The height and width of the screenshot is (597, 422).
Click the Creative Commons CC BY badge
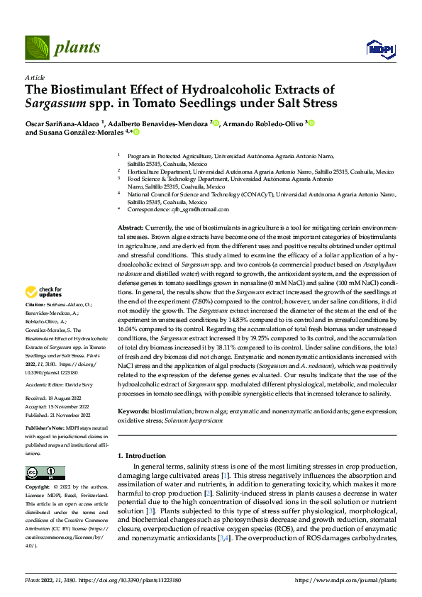coord(42,473)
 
